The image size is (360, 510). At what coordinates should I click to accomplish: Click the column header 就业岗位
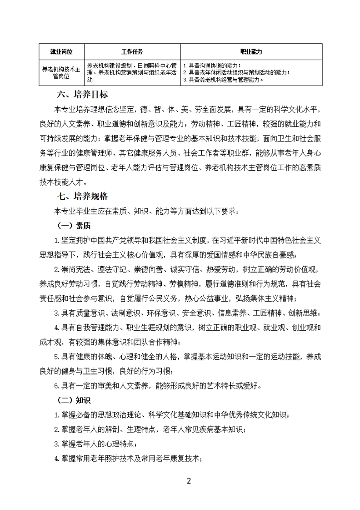point(61,51)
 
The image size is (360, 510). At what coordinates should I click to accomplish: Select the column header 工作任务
point(132,51)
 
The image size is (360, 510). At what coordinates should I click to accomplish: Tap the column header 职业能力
point(251,51)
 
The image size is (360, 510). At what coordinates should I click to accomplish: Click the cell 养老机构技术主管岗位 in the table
point(61,72)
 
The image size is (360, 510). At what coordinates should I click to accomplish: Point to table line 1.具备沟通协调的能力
point(212,65)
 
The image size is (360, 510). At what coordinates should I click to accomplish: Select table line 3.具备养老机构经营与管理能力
point(223,80)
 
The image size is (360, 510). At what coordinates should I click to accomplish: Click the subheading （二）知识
point(73,400)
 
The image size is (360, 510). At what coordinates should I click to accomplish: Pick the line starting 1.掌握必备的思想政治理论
point(171,414)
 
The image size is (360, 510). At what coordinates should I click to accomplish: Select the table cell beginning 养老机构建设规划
point(132,72)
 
